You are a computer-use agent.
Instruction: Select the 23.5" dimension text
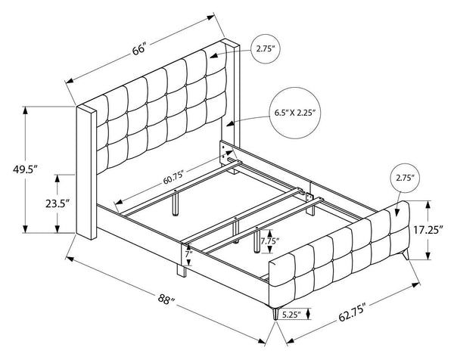click(58, 203)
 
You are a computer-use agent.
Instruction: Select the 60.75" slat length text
click(174, 182)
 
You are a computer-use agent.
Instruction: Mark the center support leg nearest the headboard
click(177, 203)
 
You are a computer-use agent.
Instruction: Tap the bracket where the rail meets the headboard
click(225, 152)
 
